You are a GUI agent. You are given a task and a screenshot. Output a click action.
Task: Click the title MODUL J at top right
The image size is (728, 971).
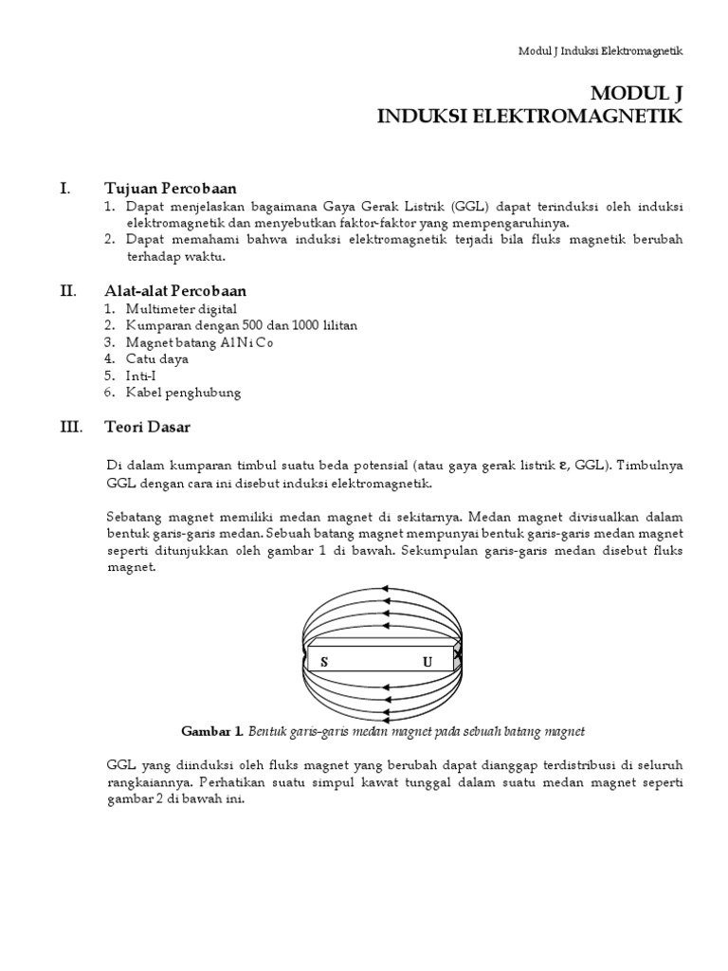point(636,93)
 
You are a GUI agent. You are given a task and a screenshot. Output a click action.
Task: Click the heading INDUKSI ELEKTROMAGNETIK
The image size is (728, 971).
point(529,116)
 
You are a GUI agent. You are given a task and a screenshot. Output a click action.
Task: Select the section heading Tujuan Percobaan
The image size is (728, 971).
point(171,188)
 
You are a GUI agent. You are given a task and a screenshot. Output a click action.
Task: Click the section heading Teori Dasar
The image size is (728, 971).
point(147,427)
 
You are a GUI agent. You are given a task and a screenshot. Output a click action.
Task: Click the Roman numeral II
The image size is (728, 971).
point(67,290)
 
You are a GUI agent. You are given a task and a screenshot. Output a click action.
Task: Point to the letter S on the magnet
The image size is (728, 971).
point(323,662)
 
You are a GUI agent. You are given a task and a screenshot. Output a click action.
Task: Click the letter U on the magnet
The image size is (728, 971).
point(428,662)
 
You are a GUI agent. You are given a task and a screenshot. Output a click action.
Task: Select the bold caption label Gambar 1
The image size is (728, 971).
point(212,731)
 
